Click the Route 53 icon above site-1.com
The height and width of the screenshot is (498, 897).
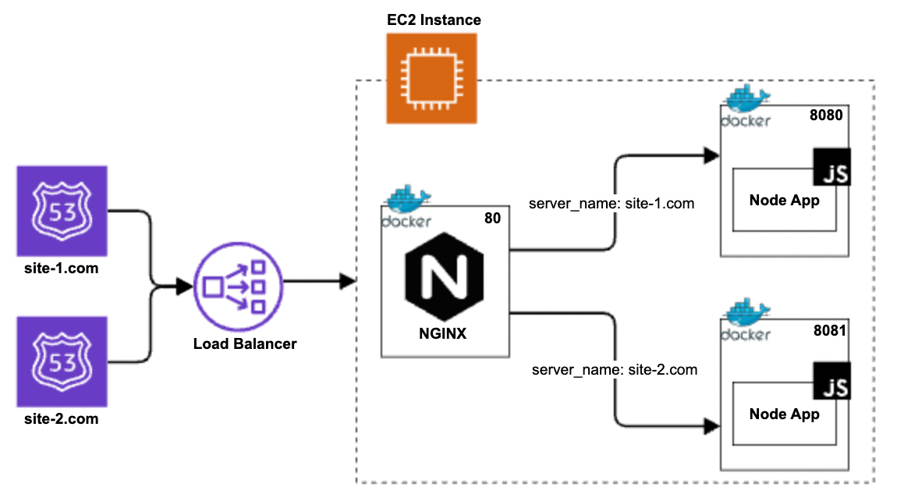click(62, 210)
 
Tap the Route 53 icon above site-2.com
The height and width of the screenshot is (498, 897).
click(62, 361)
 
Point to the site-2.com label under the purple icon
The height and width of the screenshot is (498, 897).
click(61, 419)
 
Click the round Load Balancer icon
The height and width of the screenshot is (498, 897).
click(239, 286)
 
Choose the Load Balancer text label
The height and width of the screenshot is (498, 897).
click(245, 343)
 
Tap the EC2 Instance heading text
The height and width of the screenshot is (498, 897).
click(434, 20)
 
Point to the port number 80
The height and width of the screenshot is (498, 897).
click(492, 219)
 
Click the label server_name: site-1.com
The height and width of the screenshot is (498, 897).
click(612, 204)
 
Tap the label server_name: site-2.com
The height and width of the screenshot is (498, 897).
click(614, 369)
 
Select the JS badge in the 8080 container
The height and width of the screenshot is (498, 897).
click(831, 167)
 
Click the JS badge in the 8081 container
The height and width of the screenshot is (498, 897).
click(831, 381)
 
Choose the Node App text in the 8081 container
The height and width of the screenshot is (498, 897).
click(784, 414)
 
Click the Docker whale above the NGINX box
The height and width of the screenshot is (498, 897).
click(406, 201)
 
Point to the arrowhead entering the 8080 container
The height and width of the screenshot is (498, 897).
click(711, 155)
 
